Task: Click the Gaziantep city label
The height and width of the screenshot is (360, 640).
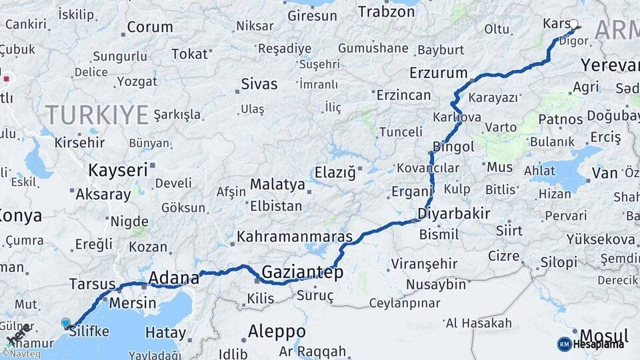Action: (x=302, y=272)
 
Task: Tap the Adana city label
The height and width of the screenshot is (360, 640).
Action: (x=173, y=277)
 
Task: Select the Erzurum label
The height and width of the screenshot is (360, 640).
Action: (x=438, y=72)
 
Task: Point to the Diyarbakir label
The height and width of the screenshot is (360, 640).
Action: (x=453, y=214)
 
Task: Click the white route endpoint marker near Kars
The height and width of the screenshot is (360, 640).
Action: (x=573, y=24)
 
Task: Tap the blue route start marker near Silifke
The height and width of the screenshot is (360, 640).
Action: (x=65, y=323)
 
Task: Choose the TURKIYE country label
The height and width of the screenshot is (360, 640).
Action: (x=97, y=115)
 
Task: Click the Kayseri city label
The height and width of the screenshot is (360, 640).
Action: (x=117, y=169)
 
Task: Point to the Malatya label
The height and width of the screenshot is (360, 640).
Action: (x=277, y=184)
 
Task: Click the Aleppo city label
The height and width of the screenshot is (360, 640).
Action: (x=277, y=331)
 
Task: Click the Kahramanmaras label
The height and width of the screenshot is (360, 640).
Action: (x=294, y=237)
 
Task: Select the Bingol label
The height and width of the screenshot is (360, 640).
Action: (x=453, y=146)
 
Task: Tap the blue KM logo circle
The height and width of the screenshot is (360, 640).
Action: (x=564, y=344)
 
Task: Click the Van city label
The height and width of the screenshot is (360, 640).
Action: (x=604, y=173)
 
